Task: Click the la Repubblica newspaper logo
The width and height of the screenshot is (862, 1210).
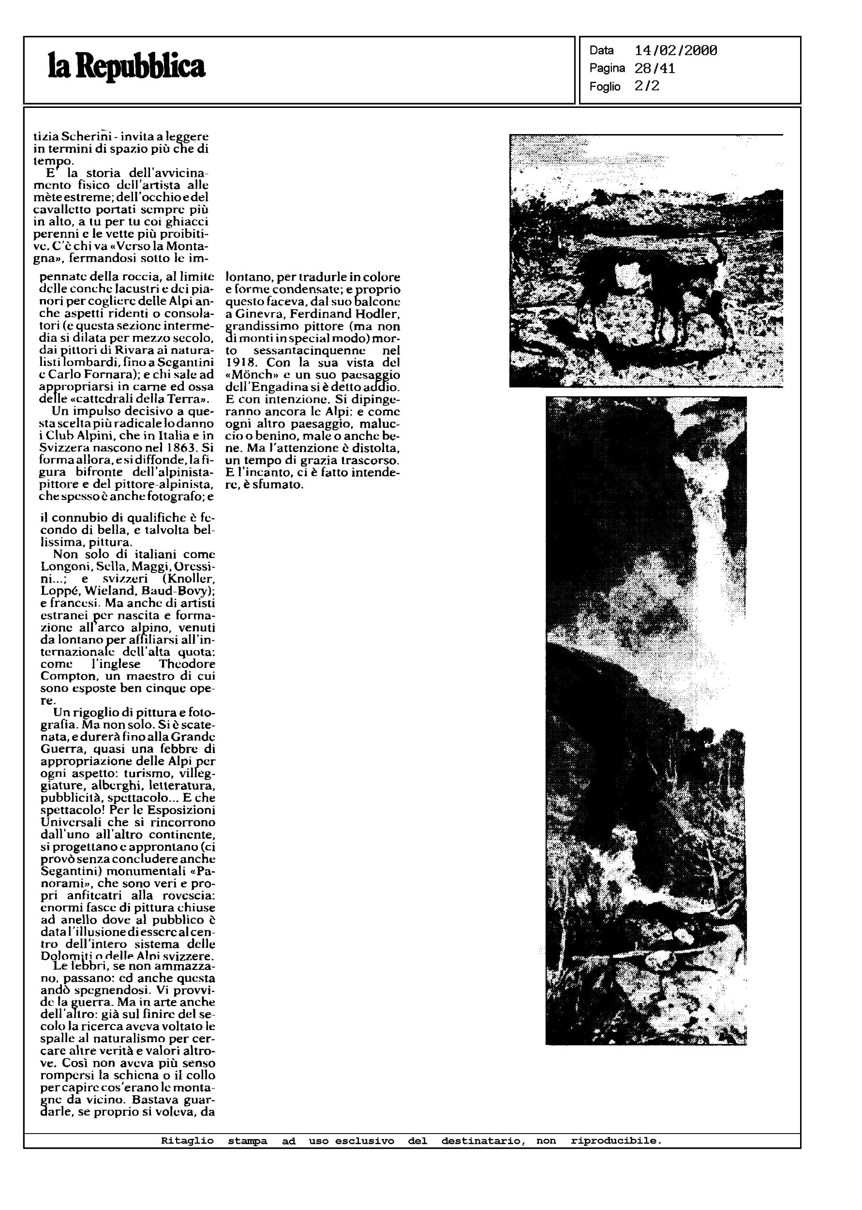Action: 126,67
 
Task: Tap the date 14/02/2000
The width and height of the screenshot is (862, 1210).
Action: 676,51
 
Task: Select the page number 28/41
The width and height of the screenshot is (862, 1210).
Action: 654,69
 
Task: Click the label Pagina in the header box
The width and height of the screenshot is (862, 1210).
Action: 607,69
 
